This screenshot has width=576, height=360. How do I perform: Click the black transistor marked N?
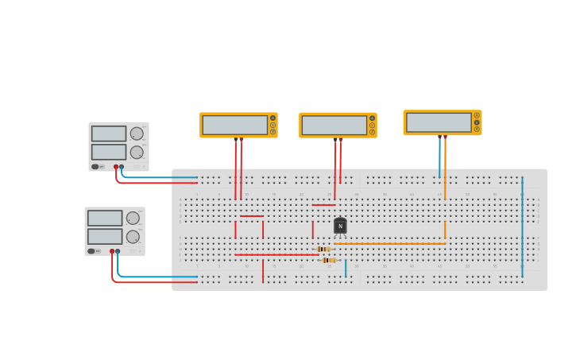(x=340, y=226)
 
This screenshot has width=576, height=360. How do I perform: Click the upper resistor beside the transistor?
(x=324, y=249)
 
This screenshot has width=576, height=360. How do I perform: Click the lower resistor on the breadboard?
(x=329, y=260)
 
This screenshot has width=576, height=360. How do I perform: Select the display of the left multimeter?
(x=234, y=125)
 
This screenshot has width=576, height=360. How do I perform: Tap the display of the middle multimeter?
(x=334, y=125)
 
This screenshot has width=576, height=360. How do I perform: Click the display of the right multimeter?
(x=439, y=122)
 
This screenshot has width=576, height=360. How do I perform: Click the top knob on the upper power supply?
(x=137, y=134)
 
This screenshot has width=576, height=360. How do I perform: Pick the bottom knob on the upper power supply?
(x=137, y=152)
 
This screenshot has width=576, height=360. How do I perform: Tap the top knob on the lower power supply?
(x=133, y=218)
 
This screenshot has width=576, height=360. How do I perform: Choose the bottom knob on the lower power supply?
(x=133, y=236)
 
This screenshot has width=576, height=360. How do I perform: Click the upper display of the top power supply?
(x=108, y=134)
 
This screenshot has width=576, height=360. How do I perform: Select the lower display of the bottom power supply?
(x=105, y=236)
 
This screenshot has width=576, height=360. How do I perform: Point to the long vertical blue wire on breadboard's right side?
(x=522, y=230)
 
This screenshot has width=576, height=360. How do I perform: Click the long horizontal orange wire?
(x=389, y=243)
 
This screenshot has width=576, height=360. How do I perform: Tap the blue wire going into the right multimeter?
(x=439, y=159)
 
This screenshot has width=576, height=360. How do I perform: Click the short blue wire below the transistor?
(x=346, y=268)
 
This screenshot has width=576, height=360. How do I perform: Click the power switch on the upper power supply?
(x=95, y=167)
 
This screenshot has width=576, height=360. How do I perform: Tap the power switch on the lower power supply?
(x=91, y=251)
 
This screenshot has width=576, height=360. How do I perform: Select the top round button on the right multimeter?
(x=477, y=115)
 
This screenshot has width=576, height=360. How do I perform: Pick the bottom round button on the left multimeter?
(x=273, y=132)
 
